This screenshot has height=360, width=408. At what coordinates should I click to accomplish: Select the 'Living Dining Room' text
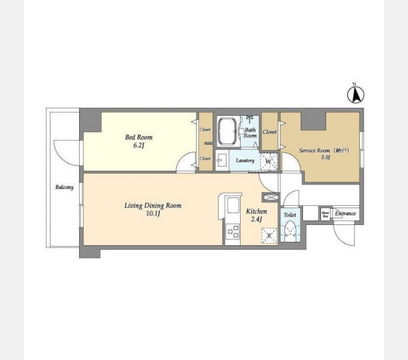[152, 205]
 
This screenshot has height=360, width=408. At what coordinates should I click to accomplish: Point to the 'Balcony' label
[64, 187]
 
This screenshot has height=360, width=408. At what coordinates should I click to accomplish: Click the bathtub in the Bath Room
[228, 131]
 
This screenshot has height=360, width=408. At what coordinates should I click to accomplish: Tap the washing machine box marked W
[269, 161]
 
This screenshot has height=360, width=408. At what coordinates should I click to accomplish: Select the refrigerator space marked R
[269, 235]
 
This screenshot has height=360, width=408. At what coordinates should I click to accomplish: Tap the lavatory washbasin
[221, 161]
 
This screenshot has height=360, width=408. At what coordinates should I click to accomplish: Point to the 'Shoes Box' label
[325, 214]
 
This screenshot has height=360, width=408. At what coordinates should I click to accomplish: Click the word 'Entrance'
[346, 214]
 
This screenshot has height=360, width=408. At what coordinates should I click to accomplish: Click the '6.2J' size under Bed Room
[137, 145]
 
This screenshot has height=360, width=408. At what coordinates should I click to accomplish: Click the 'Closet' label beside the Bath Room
[269, 132]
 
